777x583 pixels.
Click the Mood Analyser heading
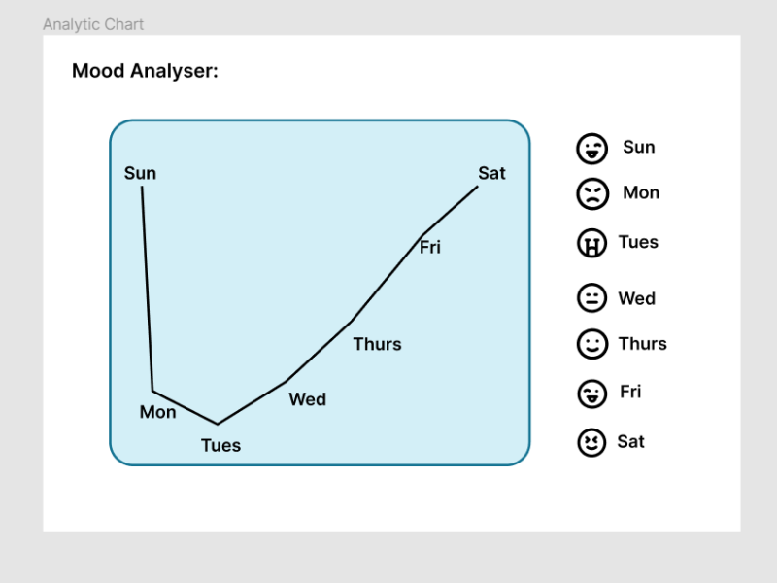(145, 71)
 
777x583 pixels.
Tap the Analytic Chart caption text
(93, 24)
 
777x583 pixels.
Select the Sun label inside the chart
(140, 174)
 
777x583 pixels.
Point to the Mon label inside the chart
(157, 412)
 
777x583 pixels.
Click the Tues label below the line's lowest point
(220, 446)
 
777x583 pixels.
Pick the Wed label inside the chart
(307, 399)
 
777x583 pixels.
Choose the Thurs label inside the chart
(377, 344)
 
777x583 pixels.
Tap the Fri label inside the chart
(430, 248)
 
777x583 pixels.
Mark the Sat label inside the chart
(491, 173)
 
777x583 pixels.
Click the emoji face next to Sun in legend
(591, 149)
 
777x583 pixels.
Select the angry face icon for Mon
(591, 194)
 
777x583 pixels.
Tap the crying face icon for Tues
(591, 244)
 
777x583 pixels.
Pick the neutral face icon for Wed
(591, 298)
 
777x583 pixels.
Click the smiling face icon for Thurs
(591, 344)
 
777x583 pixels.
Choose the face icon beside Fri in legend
(591, 394)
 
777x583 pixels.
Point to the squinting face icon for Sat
(591, 443)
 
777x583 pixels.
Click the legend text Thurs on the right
(642, 343)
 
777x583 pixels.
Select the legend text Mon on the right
(641, 192)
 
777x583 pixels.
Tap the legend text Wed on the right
(636, 298)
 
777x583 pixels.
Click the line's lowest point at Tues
(217, 424)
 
